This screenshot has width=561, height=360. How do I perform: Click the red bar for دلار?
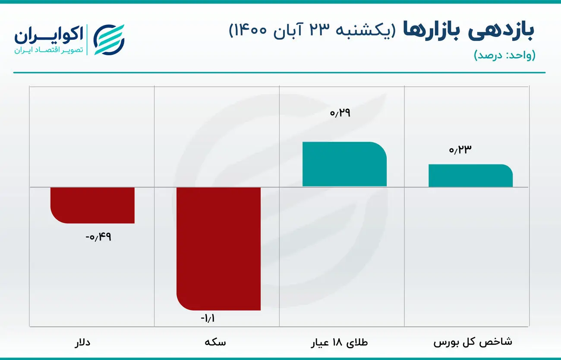coord(92,205)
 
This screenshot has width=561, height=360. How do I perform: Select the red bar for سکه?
coord(218,248)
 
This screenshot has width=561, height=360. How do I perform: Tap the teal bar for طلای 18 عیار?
coord(344,164)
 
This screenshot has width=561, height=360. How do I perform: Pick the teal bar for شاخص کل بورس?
coord(470,176)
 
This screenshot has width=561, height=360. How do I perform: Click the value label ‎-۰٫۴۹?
coord(98,237)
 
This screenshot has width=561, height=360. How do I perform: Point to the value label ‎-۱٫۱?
coord(208,319)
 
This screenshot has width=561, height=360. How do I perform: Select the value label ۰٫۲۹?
coord(340,114)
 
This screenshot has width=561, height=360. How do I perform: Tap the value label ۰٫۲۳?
coord(460,150)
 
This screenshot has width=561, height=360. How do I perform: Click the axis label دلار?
coord(82,343)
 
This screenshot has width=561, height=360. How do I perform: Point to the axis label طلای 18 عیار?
coord(341,343)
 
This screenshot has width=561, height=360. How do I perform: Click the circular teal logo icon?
coord(109,40)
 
